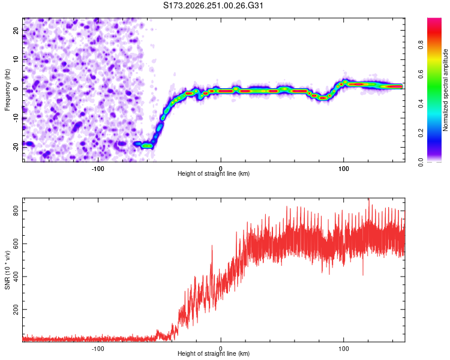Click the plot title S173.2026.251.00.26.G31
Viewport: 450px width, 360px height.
point(213,5)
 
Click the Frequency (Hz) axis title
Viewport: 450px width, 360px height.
point(7,90)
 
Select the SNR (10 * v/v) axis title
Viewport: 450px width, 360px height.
point(7,270)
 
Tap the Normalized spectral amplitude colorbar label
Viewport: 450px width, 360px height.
point(445,90)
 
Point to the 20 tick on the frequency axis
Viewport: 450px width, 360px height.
point(16,30)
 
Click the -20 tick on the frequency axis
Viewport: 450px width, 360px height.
point(16,147)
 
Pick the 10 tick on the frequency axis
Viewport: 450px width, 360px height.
point(16,59)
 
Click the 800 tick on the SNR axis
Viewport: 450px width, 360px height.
point(16,211)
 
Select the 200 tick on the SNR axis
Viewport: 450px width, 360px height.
point(16,310)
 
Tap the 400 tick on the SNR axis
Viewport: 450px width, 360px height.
point(16,277)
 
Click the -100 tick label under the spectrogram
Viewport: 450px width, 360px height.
point(98,169)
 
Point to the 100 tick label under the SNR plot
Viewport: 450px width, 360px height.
point(344,349)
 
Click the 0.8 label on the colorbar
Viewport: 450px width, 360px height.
point(421,44)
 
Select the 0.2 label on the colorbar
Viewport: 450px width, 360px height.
point(421,133)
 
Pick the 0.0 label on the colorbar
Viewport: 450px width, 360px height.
point(421,162)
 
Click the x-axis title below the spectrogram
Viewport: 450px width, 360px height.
point(214,173)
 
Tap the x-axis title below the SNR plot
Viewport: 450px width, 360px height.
point(214,353)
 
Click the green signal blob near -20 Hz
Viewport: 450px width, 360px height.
point(148,146)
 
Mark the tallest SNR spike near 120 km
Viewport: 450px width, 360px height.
point(369,199)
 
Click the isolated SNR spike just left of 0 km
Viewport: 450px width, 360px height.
point(212,246)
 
